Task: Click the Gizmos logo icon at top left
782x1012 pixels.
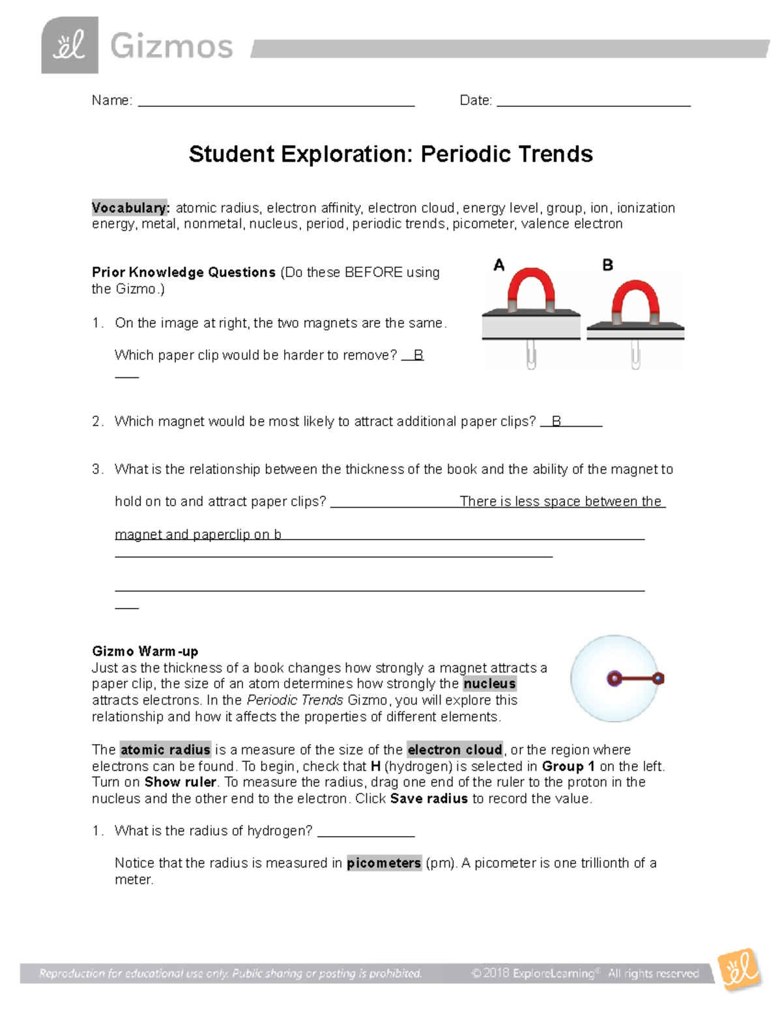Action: (70, 45)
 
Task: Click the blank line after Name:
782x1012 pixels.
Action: (276, 102)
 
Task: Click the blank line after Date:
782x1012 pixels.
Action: (593, 102)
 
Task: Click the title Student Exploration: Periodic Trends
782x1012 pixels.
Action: (390, 154)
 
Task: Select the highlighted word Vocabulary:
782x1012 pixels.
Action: (130, 208)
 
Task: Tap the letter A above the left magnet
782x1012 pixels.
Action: (499, 265)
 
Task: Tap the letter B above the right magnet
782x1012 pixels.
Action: (607, 265)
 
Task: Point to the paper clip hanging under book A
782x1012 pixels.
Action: (531, 354)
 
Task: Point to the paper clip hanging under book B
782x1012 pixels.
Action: (635, 354)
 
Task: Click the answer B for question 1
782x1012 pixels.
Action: (418, 355)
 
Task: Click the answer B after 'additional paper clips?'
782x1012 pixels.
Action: (557, 422)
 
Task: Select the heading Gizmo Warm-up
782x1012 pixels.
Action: (145, 651)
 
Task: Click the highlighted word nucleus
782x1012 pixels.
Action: (489, 684)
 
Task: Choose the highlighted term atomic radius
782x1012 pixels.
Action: (166, 749)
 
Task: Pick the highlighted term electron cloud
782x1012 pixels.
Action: (455, 749)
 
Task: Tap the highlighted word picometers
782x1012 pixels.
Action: (384, 863)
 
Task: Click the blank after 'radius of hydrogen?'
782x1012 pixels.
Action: (366, 832)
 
